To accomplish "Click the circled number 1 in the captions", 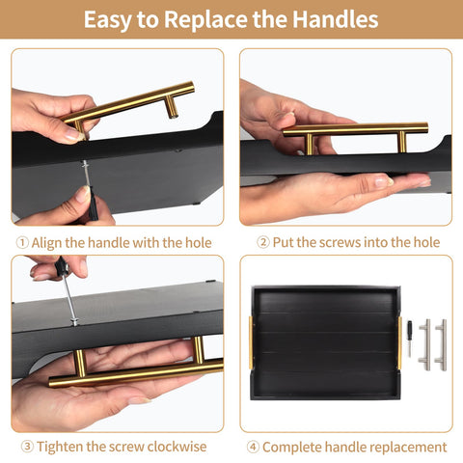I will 22,243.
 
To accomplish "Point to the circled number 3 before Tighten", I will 27,447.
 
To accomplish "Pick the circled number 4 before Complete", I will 253,447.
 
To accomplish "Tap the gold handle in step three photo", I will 135,371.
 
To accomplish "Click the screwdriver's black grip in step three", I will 61,269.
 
